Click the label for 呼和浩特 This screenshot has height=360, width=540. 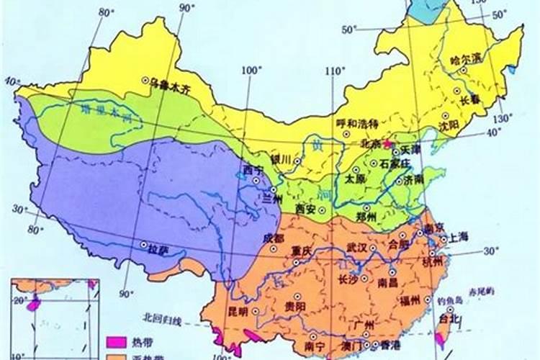pos(358,123)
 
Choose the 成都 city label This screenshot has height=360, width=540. pos(274,238)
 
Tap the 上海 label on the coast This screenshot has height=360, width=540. pos(459,238)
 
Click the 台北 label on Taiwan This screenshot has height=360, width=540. pos(448,317)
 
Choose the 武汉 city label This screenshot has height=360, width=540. pos(357,247)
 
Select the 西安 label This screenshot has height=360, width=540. pos(306,209)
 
